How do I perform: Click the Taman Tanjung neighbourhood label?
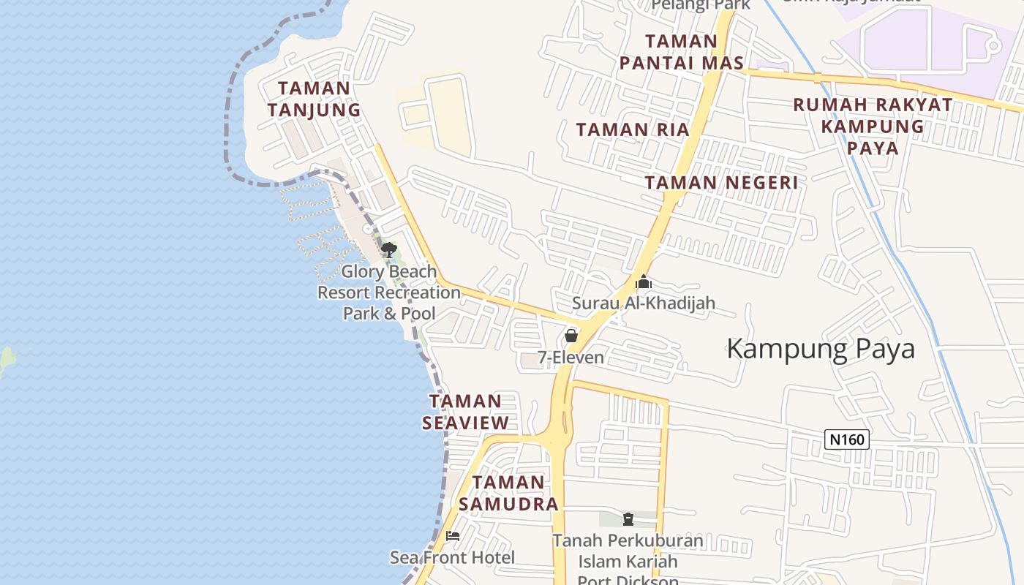(x=314, y=99)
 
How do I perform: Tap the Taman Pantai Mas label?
(x=682, y=52)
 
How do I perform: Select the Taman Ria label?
(x=633, y=130)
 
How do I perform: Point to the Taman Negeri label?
(x=721, y=182)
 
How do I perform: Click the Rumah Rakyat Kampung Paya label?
(x=873, y=126)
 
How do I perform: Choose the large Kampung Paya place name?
(x=821, y=349)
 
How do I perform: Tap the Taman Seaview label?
(x=465, y=412)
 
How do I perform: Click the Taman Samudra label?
(x=508, y=493)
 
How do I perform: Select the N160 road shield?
(x=847, y=439)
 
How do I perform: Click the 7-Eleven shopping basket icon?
(x=571, y=336)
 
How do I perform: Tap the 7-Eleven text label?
(x=571, y=358)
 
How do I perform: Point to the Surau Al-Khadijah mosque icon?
(x=644, y=282)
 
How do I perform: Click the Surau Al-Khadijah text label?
(x=644, y=303)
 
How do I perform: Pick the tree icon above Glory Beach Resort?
(x=388, y=250)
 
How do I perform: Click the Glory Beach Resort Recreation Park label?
(x=389, y=292)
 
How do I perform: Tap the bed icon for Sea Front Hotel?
(x=453, y=536)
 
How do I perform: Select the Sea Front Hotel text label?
(x=452, y=557)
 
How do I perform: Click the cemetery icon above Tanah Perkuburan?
(x=628, y=519)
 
